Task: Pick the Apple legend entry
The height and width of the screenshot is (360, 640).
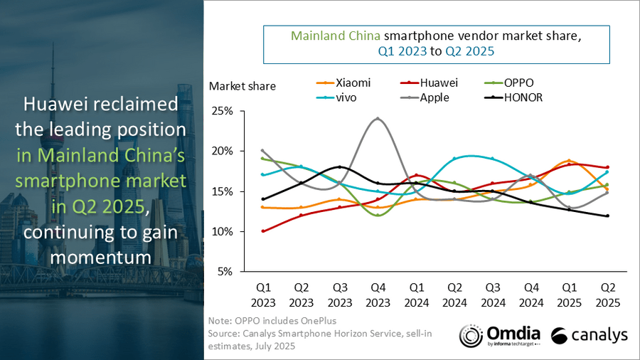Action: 429,97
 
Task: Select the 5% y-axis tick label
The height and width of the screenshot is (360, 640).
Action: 223,272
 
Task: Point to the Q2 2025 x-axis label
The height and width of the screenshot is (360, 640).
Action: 607,295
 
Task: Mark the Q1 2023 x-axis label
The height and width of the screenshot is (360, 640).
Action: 262,295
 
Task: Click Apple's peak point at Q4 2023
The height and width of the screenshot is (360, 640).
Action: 377,119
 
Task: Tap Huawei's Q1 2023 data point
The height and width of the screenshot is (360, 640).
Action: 262,231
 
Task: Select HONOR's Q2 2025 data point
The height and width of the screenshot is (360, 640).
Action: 607,216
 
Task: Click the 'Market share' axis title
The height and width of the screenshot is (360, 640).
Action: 242,86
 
